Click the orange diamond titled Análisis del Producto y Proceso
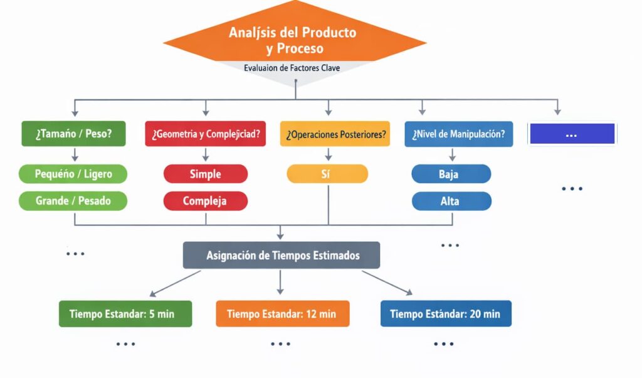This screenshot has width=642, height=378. pos(293,40)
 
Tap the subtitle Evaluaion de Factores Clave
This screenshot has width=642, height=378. pos(292,68)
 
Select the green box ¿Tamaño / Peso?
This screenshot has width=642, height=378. pos(74,134)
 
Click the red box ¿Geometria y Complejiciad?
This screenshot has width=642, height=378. pos(206,134)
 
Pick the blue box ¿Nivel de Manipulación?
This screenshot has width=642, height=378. pos(458,134)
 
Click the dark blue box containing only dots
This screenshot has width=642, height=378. pos(571,134)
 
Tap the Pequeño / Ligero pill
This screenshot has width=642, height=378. pos(73,174)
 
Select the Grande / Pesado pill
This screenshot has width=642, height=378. pos(73,201)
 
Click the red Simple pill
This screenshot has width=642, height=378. pos(206,174)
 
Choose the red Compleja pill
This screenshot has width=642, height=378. pos(206,201)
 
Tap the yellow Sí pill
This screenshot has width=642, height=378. pos(327,174)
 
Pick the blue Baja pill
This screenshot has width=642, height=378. pos(451,174)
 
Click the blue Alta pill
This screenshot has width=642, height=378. pos(451,201)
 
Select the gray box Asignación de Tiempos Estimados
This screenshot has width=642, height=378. pos(282,255)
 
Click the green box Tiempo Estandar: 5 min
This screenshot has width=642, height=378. pos(125,313)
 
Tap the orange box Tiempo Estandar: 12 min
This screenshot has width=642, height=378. pos(282,313)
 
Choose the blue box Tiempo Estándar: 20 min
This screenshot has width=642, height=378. pos(445,313)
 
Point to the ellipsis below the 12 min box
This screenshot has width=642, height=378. pos(281,343)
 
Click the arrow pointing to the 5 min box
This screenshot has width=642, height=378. pos(175,283)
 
